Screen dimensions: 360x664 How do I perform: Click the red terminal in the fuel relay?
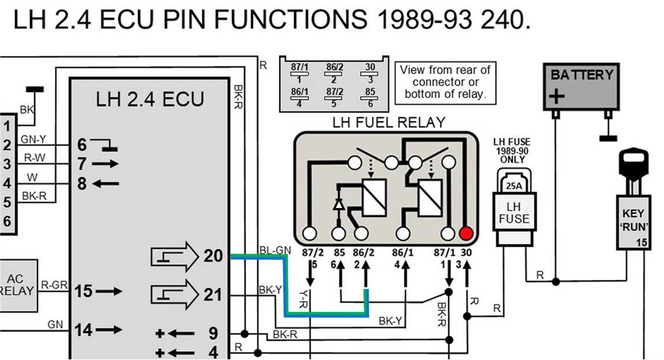click(x=466, y=233)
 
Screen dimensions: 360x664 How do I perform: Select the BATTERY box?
click(x=581, y=86)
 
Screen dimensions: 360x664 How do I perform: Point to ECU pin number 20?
click(x=213, y=255)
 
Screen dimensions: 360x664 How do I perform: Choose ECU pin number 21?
click(x=213, y=295)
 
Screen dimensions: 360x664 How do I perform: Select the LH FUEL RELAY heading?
click(x=389, y=123)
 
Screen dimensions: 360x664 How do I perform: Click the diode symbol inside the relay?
click(x=339, y=204)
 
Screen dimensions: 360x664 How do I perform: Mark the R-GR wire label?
click(x=55, y=284)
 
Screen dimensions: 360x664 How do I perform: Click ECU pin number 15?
click(x=84, y=291)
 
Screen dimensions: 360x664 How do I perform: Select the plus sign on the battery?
click(x=556, y=96)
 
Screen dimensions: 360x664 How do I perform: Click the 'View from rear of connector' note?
click(x=445, y=82)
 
